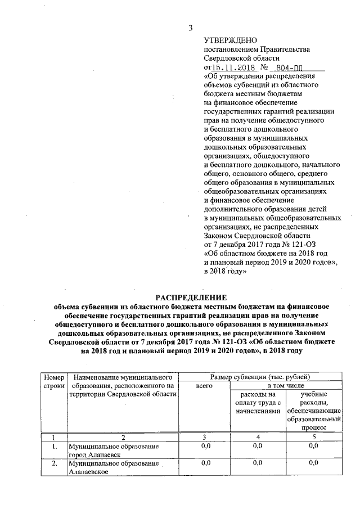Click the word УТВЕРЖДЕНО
[230, 40]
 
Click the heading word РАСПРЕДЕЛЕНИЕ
[191, 297]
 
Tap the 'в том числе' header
[286, 386]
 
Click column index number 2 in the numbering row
[123, 436]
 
